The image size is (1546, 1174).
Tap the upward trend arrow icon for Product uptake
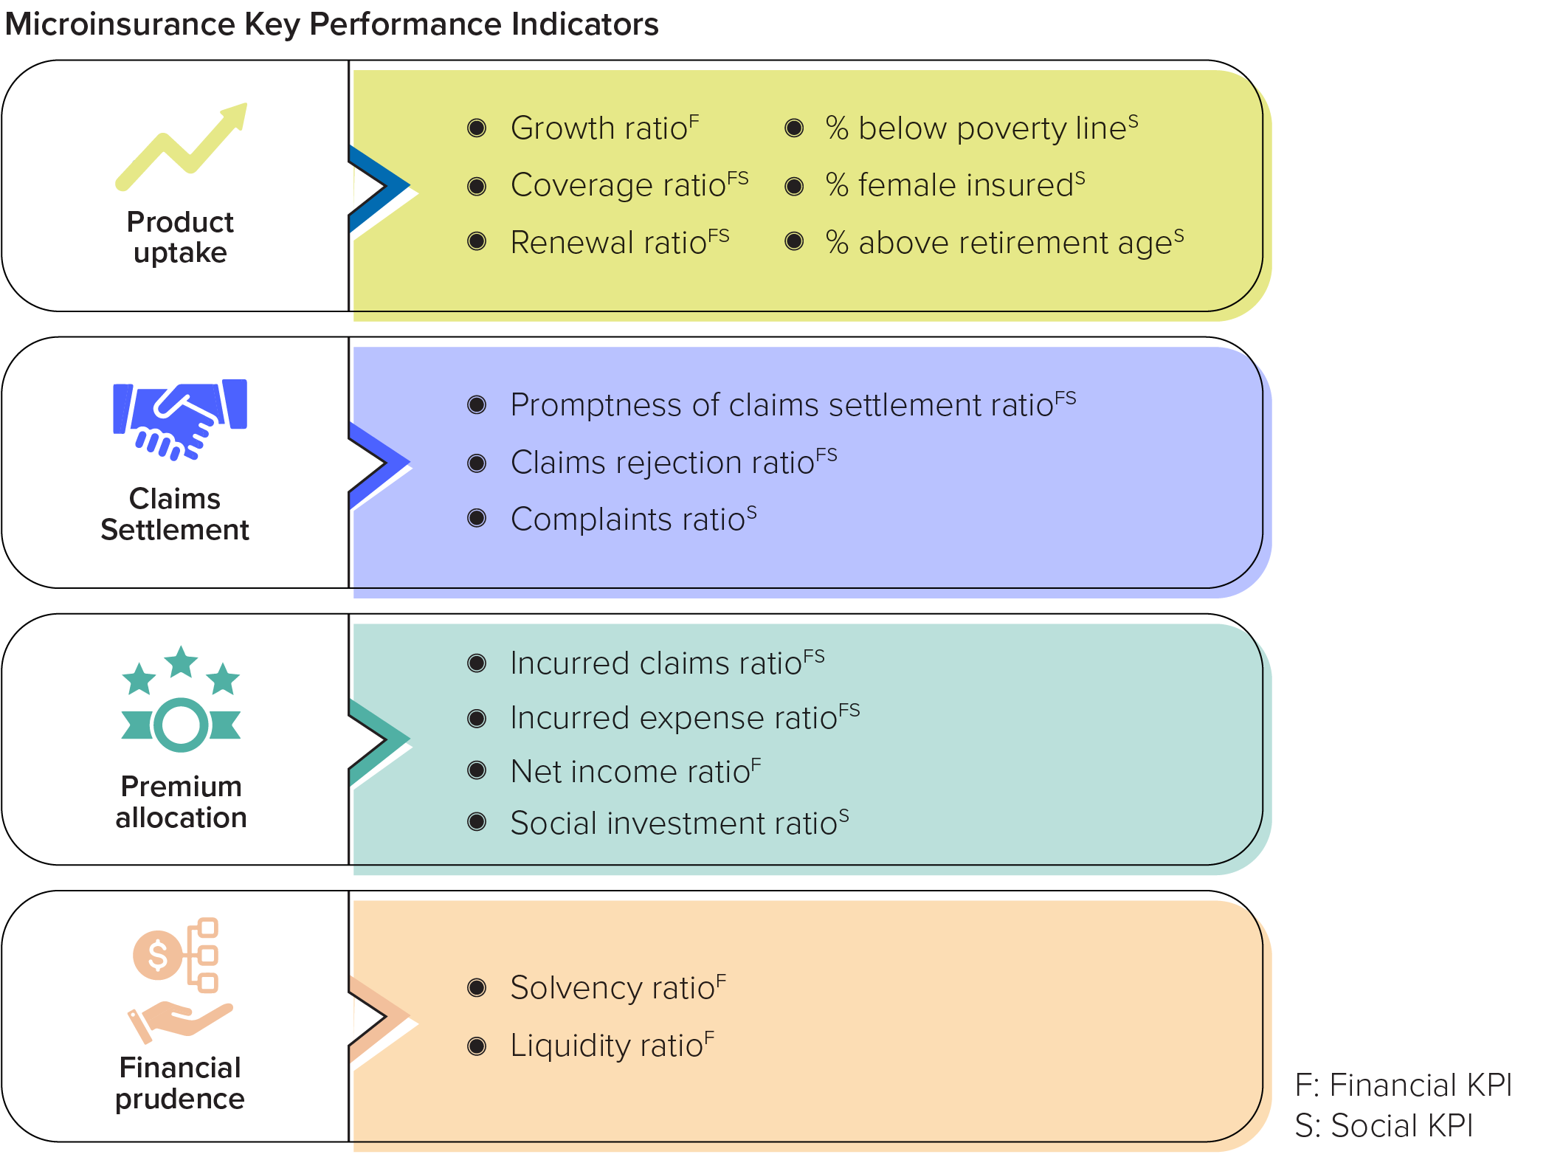point(182,146)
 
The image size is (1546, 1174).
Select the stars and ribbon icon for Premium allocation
point(181,699)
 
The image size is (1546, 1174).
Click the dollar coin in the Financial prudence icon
point(157,955)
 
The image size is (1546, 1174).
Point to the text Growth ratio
point(598,128)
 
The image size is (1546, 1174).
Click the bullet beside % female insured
point(794,186)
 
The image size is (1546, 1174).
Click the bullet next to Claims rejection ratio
point(477,463)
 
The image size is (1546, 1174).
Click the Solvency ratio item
point(612,988)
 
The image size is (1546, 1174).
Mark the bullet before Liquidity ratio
point(477,1046)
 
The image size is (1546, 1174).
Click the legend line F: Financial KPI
point(1403,1085)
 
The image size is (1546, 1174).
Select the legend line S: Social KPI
point(1384,1126)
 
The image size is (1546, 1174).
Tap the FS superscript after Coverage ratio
point(737,178)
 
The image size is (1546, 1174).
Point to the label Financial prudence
point(180,1083)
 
